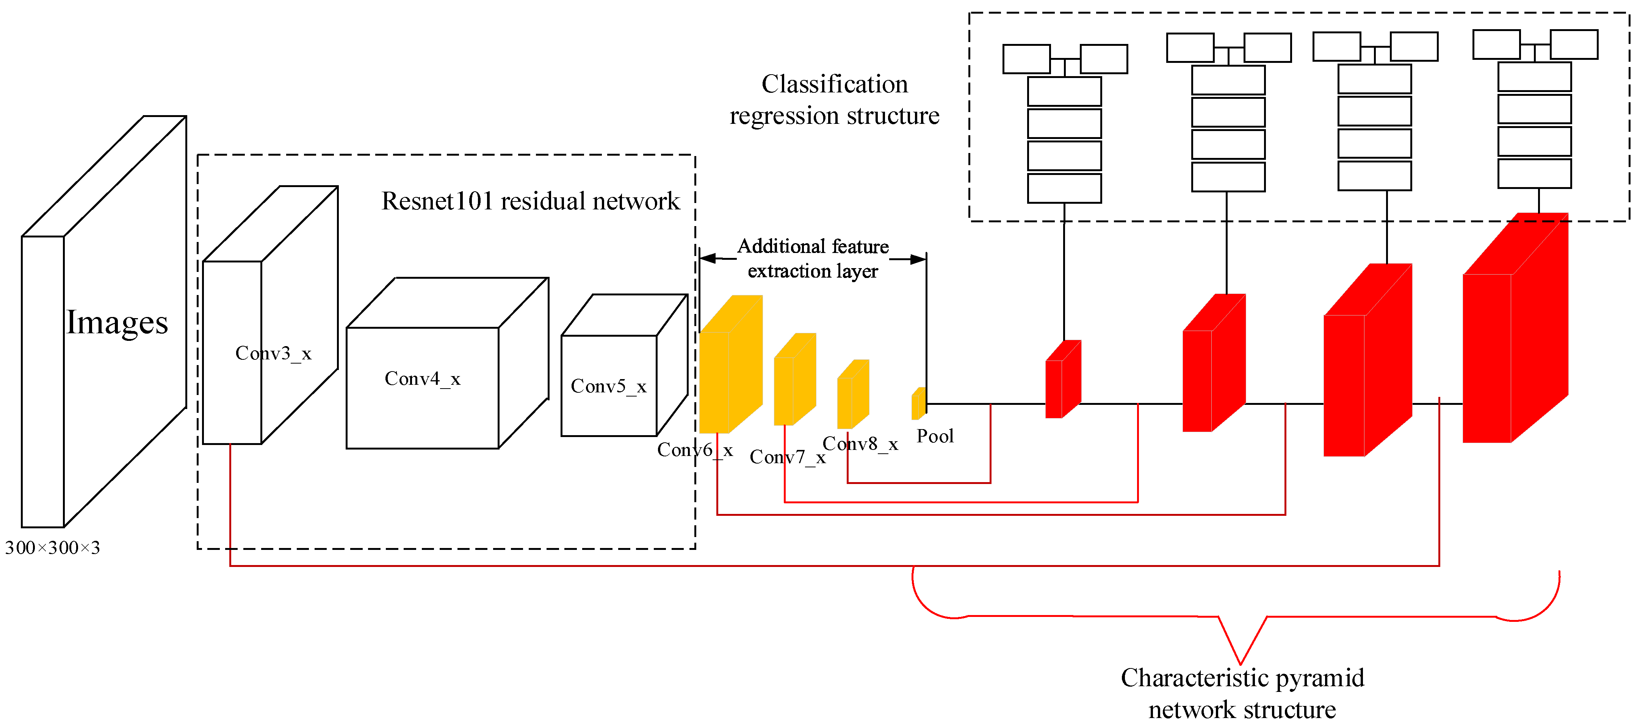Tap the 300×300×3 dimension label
pyautogui.click(x=52, y=548)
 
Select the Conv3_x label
pyautogui.click(x=273, y=353)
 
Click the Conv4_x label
pyautogui.click(x=422, y=379)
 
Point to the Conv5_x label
pyautogui.click(x=609, y=386)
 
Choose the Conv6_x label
pyautogui.click(x=695, y=450)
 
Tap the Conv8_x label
pyautogui.click(x=860, y=443)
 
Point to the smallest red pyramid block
pyautogui.click(x=1062, y=380)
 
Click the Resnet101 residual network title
pyautogui.click(x=530, y=201)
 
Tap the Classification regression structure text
pyautogui.click(x=834, y=100)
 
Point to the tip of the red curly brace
pyautogui.click(x=1240, y=663)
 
